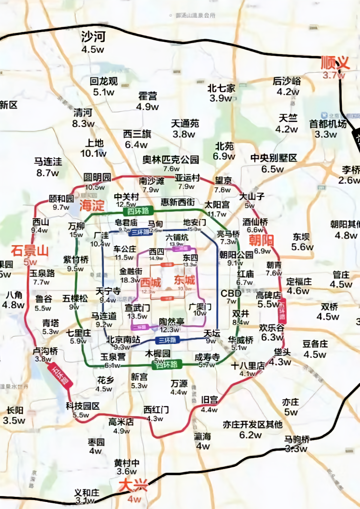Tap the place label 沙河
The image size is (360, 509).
coord(93,37)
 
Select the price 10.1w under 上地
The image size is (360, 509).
coord(93,154)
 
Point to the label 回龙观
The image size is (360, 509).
coord(104,81)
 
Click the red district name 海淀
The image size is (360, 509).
coord(92,205)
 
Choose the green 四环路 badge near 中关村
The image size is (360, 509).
coord(138,211)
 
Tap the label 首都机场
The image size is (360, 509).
coord(328,124)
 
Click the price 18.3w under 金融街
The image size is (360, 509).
coord(130,280)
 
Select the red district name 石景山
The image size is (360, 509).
coord(30,251)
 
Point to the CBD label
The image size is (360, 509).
coord(231,294)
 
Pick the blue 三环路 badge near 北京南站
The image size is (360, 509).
coord(167,340)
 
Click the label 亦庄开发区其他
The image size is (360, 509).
coord(253,424)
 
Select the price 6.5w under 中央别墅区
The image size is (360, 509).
coord(272,169)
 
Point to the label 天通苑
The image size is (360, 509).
coord(185,124)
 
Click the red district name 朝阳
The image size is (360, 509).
coord(261,240)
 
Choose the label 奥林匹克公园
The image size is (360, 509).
coord(171,160)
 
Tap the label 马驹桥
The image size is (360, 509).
coord(297,439)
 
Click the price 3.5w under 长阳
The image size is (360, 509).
coord(14,420)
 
